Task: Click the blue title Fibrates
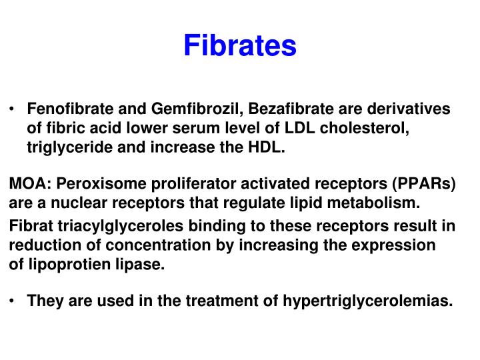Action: tap(239, 45)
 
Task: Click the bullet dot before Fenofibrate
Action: tap(13, 109)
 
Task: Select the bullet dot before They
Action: tap(13, 301)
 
